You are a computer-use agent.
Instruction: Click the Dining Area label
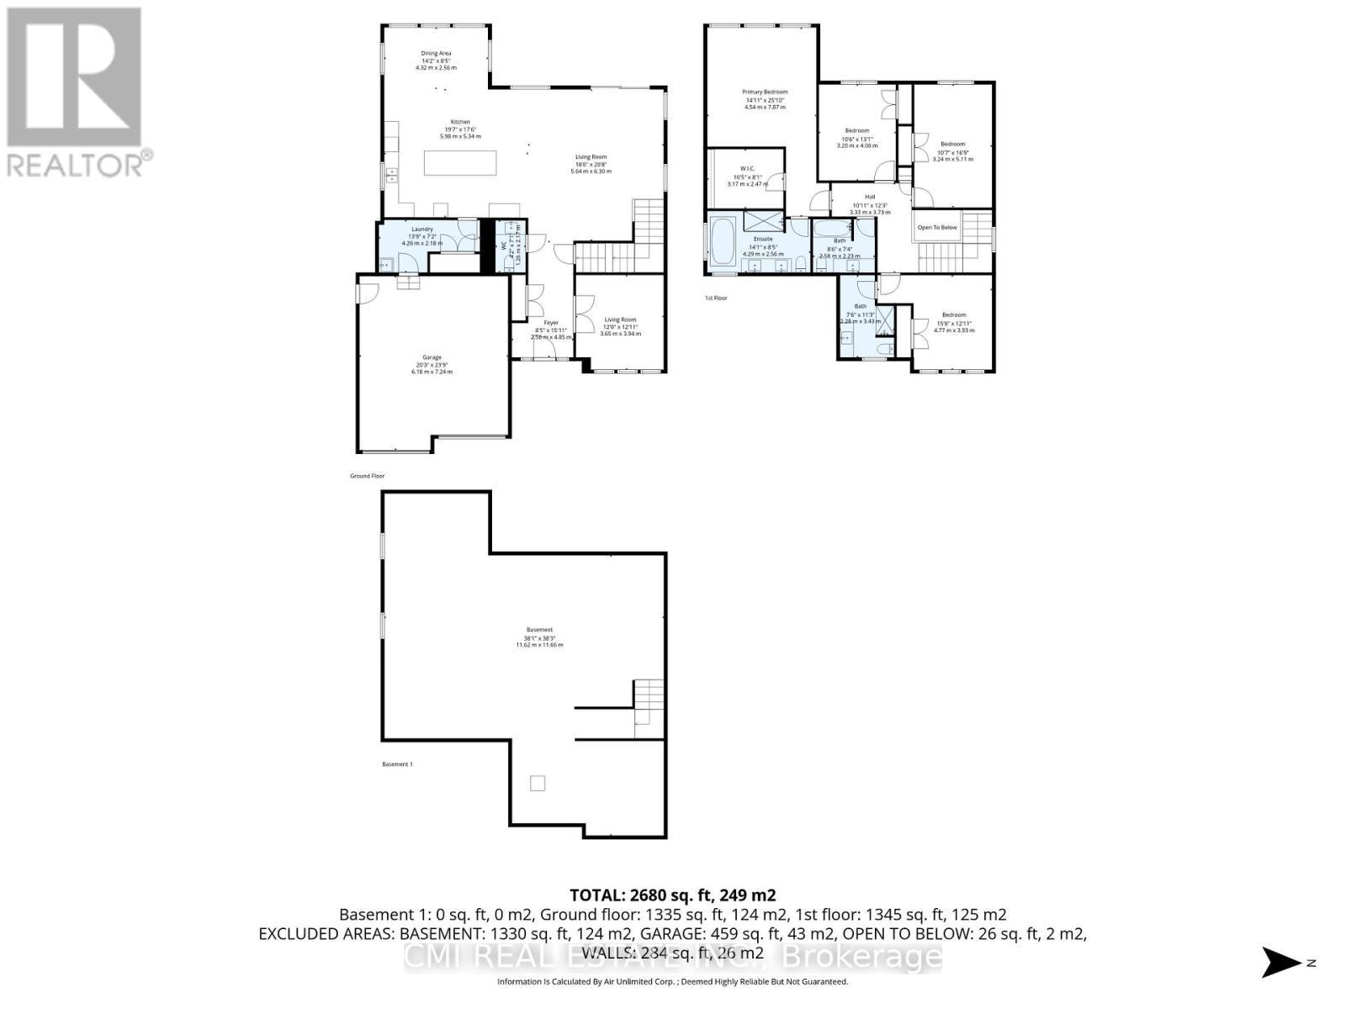[x=436, y=54]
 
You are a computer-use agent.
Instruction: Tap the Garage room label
[x=432, y=357]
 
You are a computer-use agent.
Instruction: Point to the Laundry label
[x=422, y=230]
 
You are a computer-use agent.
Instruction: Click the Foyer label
[x=551, y=323]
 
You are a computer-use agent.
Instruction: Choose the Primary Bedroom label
[x=765, y=92]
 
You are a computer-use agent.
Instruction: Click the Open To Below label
[x=937, y=228]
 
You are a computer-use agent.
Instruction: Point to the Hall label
[x=870, y=197]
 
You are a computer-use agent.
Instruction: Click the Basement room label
[x=539, y=630]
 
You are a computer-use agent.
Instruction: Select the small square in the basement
[x=538, y=784]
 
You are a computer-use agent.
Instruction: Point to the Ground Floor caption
[x=367, y=476]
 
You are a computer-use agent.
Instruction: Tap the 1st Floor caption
[x=716, y=298]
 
